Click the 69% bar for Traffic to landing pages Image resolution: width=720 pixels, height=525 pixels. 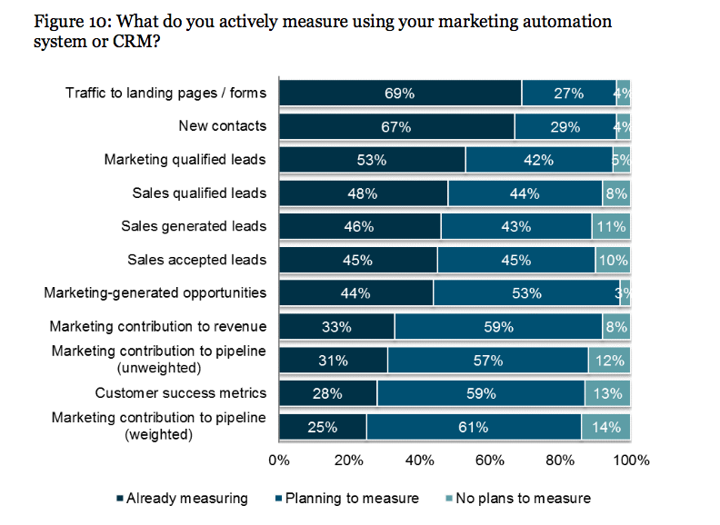(400, 93)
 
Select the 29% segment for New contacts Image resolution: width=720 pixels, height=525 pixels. (564, 126)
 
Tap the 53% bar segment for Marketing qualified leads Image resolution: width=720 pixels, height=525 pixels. (372, 160)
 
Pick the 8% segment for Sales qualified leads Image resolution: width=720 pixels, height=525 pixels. (615, 193)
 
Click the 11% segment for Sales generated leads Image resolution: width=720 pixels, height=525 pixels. (611, 226)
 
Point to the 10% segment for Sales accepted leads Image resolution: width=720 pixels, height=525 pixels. (613, 260)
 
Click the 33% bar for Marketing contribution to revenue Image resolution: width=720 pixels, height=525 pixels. (336, 326)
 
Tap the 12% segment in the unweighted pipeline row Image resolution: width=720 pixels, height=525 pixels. (609, 360)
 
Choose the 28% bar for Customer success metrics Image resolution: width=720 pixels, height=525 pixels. (327, 393)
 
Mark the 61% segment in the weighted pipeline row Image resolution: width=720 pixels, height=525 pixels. (474, 427)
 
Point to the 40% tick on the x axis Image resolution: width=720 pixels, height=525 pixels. (420, 460)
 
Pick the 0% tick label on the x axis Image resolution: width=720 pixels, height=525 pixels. (279, 460)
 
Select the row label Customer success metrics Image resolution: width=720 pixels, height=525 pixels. (181, 393)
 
